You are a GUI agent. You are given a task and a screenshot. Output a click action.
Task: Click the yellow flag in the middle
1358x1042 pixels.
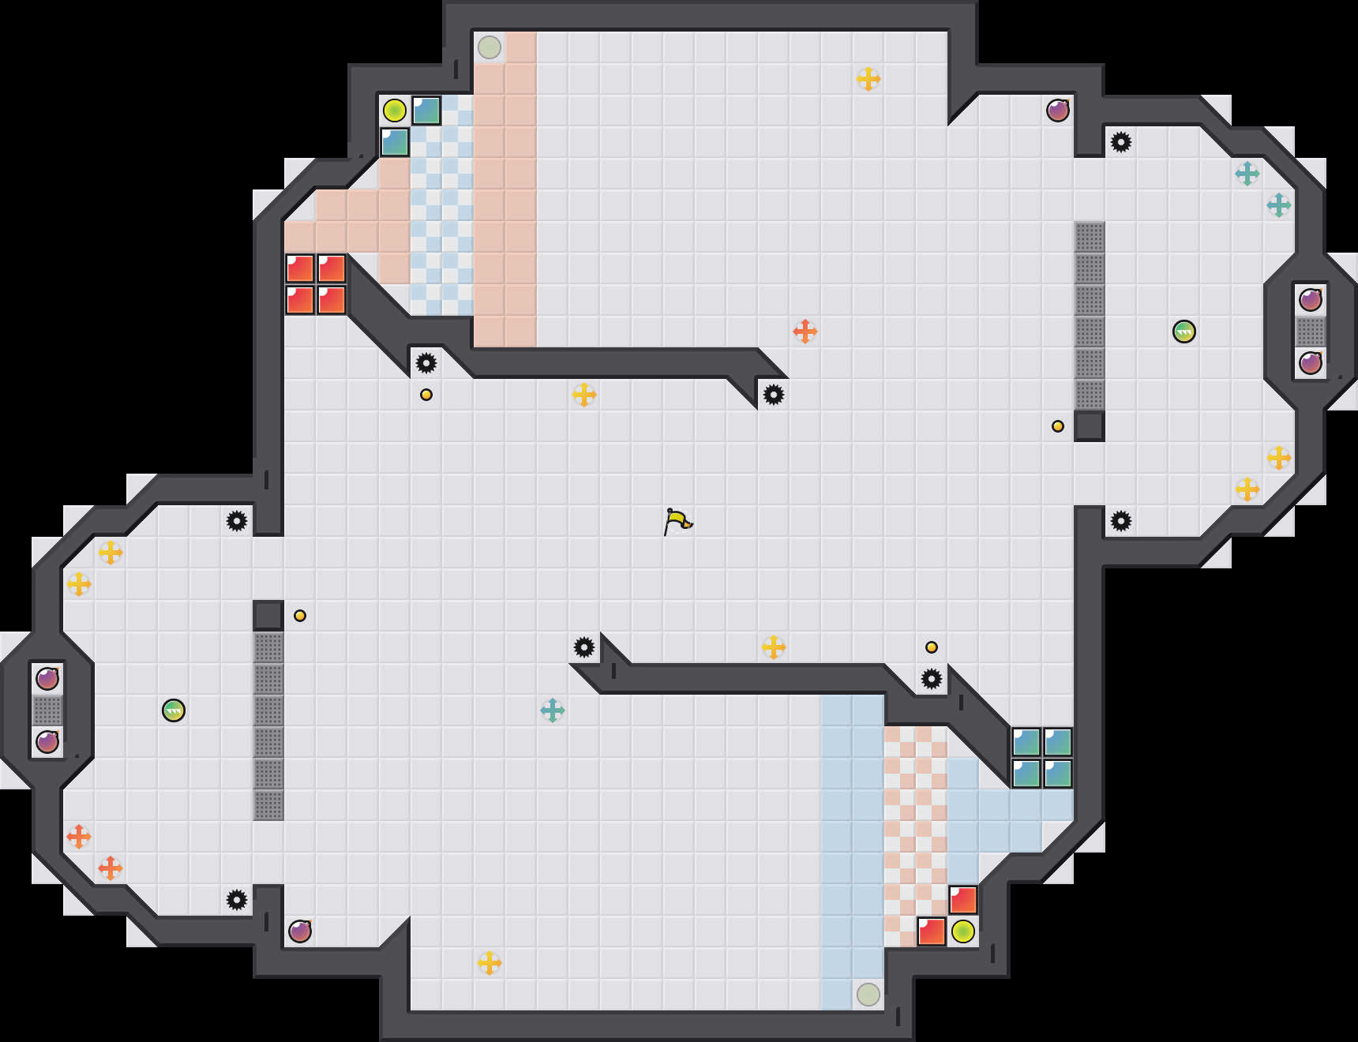pyautogui.click(x=677, y=521)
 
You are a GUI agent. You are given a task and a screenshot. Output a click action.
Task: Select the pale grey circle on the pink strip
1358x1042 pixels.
pyautogui.click(x=490, y=47)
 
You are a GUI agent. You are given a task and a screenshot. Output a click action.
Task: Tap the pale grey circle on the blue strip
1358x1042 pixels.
pyautogui.click(x=868, y=994)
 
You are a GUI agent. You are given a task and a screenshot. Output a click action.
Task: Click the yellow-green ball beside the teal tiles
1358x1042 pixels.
pyautogui.click(x=395, y=111)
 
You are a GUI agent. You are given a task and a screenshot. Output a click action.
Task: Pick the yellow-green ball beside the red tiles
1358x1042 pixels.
pyautogui.click(x=963, y=931)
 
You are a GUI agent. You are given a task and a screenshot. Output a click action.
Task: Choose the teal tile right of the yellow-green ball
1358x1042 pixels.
pyautogui.click(x=426, y=111)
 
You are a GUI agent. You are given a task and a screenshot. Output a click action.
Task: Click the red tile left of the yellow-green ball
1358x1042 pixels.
pyautogui.click(x=932, y=931)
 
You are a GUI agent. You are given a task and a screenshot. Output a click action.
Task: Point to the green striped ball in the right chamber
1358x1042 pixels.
pyautogui.click(x=1184, y=332)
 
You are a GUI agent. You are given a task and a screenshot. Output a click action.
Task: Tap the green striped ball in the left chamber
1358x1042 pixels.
pyautogui.click(x=174, y=710)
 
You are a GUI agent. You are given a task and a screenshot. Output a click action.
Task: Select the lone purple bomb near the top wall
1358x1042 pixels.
pyautogui.click(x=1058, y=111)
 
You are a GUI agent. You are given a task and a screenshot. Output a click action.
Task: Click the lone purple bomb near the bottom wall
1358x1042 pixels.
pyautogui.click(x=300, y=931)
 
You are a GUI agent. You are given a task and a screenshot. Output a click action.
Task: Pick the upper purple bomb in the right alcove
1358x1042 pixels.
pyautogui.click(x=1311, y=300)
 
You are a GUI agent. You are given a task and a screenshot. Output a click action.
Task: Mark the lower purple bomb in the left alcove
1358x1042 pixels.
pyautogui.click(x=47, y=742)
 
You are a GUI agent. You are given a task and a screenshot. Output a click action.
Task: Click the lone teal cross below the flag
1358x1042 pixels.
pyautogui.click(x=553, y=710)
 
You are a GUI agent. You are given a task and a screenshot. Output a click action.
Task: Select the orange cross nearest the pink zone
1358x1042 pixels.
pyautogui.click(x=805, y=332)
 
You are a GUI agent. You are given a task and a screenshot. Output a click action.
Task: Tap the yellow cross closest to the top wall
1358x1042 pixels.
pyautogui.click(x=868, y=79)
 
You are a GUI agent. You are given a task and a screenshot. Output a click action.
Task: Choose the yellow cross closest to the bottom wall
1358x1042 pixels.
pyautogui.click(x=490, y=963)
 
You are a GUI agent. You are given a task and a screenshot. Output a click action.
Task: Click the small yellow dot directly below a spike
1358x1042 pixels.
pyautogui.click(x=426, y=395)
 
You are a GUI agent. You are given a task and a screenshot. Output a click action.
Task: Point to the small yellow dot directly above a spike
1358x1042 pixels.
pyautogui.click(x=932, y=647)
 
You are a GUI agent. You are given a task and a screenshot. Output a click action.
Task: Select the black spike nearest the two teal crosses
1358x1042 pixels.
pyautogui.click(x=1121, y=142)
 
